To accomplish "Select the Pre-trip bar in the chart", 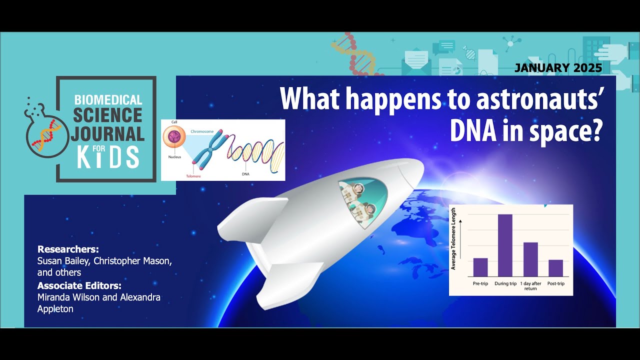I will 480,267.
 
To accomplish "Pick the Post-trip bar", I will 555,268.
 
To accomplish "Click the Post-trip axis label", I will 555,283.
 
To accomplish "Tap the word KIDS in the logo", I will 108,157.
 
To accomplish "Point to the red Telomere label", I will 193,176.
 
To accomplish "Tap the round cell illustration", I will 175,137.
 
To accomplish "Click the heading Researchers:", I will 68,249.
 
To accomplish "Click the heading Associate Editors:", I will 79,286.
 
